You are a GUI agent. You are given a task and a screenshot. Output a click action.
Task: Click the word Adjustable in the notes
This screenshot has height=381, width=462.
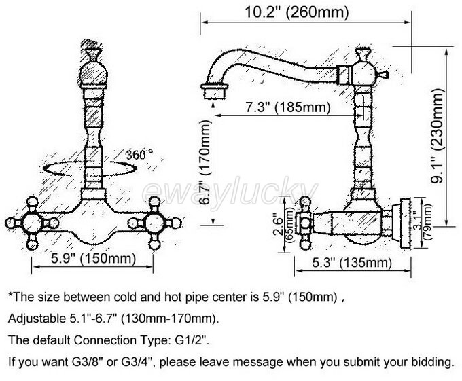coord(33,318)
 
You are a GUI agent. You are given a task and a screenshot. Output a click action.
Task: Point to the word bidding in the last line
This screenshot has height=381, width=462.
coord(431,361)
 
